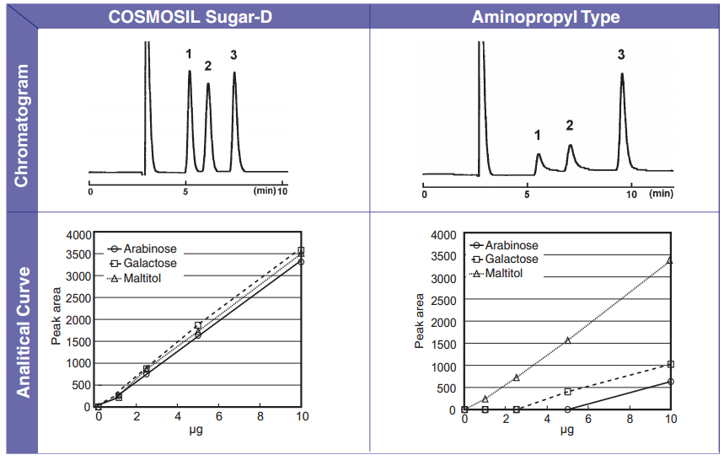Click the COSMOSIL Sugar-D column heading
tap(196, 17)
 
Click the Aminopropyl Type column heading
tap(545, 17)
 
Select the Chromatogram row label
tap(21, 126)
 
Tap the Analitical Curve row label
tap(23, 332)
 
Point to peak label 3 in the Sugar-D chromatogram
tap(233, 56)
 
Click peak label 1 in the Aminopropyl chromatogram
tap(538, 135)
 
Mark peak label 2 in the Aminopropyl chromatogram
tap(569, 126)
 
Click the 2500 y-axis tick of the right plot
tap(443, 301)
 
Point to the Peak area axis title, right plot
tap(419, 321)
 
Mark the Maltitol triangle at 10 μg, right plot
tap(670, 260)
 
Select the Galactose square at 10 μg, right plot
tap(670, 365)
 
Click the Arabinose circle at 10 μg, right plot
tap(670, 382)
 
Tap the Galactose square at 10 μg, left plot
tap(301, 250)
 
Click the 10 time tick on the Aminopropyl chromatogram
tap(630, 194)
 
